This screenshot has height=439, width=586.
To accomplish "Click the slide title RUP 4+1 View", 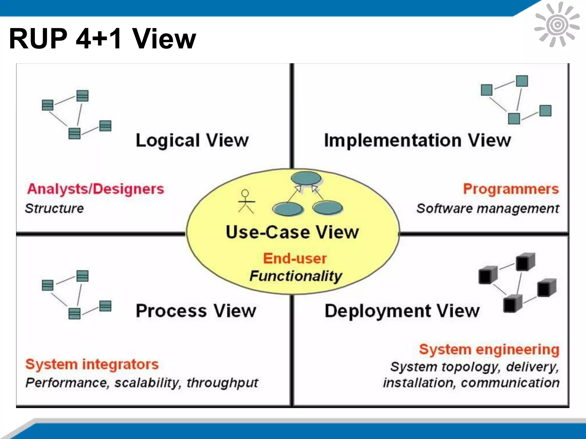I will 102,39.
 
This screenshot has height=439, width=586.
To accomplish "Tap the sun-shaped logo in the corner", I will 557,25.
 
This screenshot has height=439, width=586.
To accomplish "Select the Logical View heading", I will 192,140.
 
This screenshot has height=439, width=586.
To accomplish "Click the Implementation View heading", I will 417,140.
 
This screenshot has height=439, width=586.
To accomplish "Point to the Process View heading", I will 196,311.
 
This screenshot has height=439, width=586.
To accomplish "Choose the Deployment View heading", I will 402,311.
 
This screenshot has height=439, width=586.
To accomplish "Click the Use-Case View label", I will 292,232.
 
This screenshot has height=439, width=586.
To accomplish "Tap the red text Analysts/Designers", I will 96,189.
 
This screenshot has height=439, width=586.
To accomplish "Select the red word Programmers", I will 511,189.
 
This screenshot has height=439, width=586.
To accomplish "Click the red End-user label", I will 295,258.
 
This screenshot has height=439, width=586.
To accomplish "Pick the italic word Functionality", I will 296,276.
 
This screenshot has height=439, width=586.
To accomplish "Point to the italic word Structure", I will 54,208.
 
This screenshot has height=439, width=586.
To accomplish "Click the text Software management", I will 488,208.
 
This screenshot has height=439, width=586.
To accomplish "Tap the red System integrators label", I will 92,364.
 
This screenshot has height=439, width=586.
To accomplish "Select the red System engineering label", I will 489,350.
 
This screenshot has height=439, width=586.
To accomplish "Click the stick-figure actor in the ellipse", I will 246,202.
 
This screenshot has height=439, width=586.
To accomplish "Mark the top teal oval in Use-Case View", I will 306,178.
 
